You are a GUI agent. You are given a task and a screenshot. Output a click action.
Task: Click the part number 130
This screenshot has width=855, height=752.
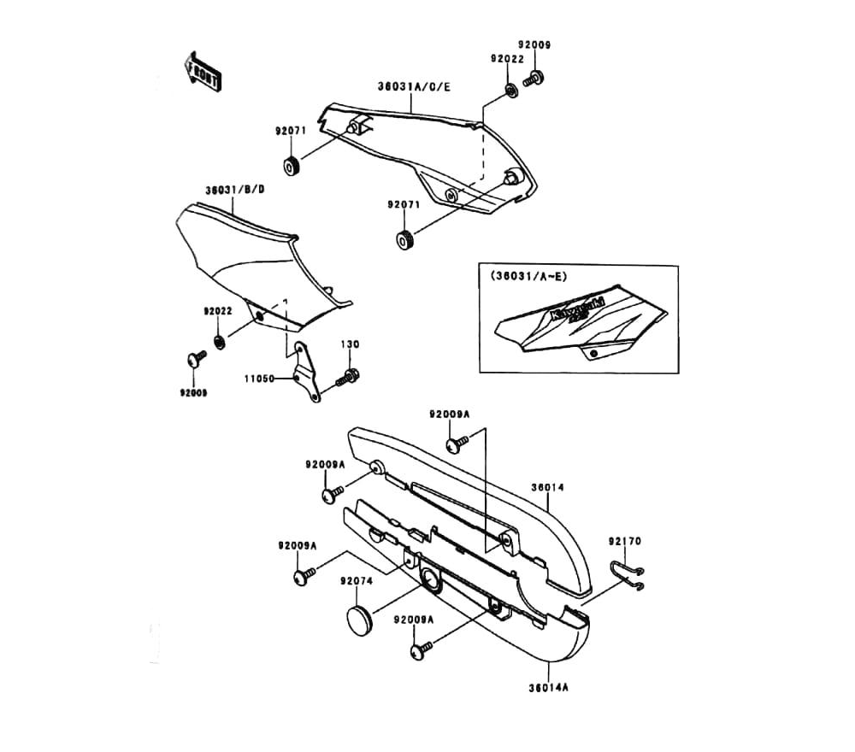coord(351,344)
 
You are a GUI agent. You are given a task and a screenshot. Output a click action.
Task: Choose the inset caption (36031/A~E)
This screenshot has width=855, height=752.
coord(528,276)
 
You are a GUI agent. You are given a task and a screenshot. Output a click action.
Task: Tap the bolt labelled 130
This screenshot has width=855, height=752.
coord(349,376)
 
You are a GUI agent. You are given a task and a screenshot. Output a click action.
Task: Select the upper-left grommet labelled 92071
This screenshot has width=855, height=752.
coord(292,166)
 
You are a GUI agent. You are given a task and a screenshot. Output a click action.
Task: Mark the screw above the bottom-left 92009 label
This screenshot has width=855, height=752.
coord(197,359)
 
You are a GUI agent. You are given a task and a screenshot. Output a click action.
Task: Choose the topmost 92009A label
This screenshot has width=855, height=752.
coord(449,414)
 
